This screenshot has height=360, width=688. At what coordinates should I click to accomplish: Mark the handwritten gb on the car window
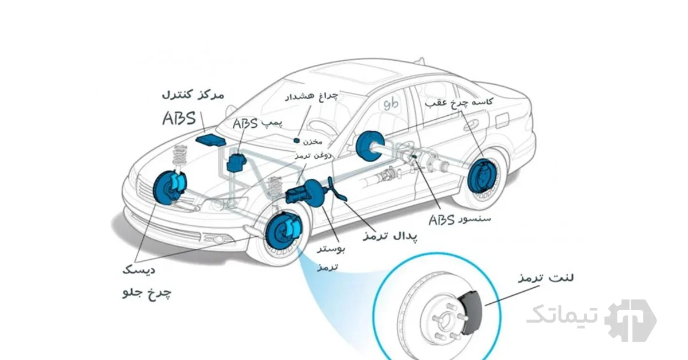point(391,104)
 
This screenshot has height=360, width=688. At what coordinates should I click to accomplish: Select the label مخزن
point(313,140)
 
